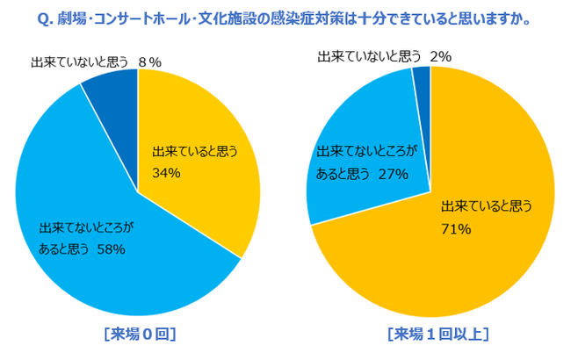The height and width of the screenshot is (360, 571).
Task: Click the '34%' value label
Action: click(166, 173)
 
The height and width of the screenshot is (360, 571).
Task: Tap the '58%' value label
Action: click(112, 249)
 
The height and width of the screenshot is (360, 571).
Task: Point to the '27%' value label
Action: click(393, 174)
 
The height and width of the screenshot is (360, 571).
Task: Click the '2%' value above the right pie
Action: click(440, 57)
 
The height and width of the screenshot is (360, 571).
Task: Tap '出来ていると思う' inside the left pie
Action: click(195, 150)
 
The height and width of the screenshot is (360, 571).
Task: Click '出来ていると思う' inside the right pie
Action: click(486, 207)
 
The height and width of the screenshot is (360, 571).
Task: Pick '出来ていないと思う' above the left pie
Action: click(80, 61)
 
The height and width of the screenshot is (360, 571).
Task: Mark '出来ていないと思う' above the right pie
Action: click(370, 57)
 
